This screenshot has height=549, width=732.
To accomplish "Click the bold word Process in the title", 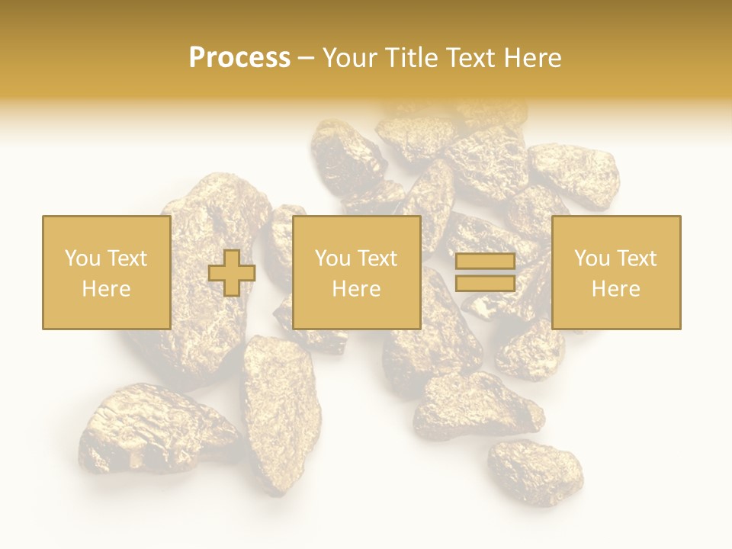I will tap(239, 58).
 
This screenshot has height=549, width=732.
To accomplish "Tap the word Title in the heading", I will tap(409, 58).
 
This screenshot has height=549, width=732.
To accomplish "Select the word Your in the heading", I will tap(352, 58).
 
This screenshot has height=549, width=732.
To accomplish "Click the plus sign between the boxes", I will tap(232, 273).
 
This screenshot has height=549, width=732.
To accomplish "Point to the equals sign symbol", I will tap(485, 273).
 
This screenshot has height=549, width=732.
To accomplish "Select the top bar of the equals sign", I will tap(485, 262).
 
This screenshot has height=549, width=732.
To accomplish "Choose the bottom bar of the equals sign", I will tap(485, 284).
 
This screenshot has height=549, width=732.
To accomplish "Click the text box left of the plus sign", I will tap(106, 272).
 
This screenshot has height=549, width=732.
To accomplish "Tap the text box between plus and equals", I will tap(356, 272).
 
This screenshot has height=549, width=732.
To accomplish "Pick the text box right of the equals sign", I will tap(615, 272).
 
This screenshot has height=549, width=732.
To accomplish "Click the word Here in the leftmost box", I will tap(106, 289).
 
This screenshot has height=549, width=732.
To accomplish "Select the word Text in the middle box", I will tap(377, 258).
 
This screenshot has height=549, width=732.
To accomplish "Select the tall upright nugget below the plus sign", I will tap(280, 412).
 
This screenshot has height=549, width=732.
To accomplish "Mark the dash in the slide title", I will tap(306, 58).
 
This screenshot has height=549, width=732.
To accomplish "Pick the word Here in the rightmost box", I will tap(615, 289).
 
